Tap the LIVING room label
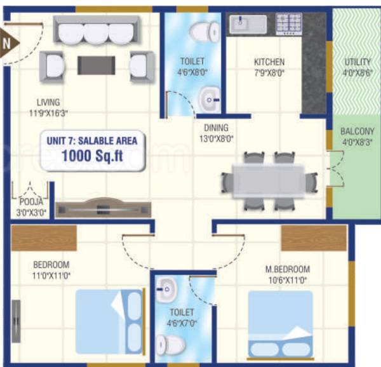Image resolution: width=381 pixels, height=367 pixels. [x=48, y=102]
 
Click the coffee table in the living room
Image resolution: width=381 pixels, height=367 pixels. [x=96, y=64]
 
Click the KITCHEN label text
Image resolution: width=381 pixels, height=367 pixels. [x=269, y=62]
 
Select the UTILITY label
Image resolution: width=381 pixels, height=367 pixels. [x=358, y=62]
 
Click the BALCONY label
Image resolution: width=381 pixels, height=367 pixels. [x=358, y=131]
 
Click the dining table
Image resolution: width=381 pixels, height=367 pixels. [x=268, y=182]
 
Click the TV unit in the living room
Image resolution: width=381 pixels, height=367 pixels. [x=103, y=210]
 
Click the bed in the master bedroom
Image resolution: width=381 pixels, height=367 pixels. [x=280, y=324]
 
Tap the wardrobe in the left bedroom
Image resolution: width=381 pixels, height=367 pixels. [x=44, y=236]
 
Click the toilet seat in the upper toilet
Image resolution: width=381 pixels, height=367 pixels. [x=204, y=30]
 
